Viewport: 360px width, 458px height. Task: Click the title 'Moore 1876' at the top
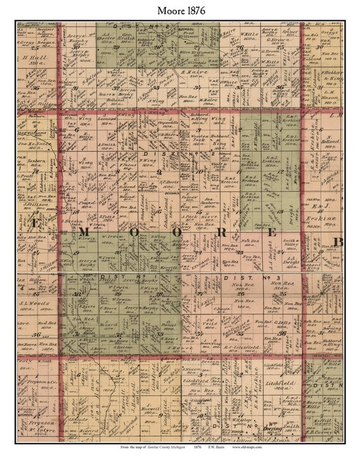click(179, 9)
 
